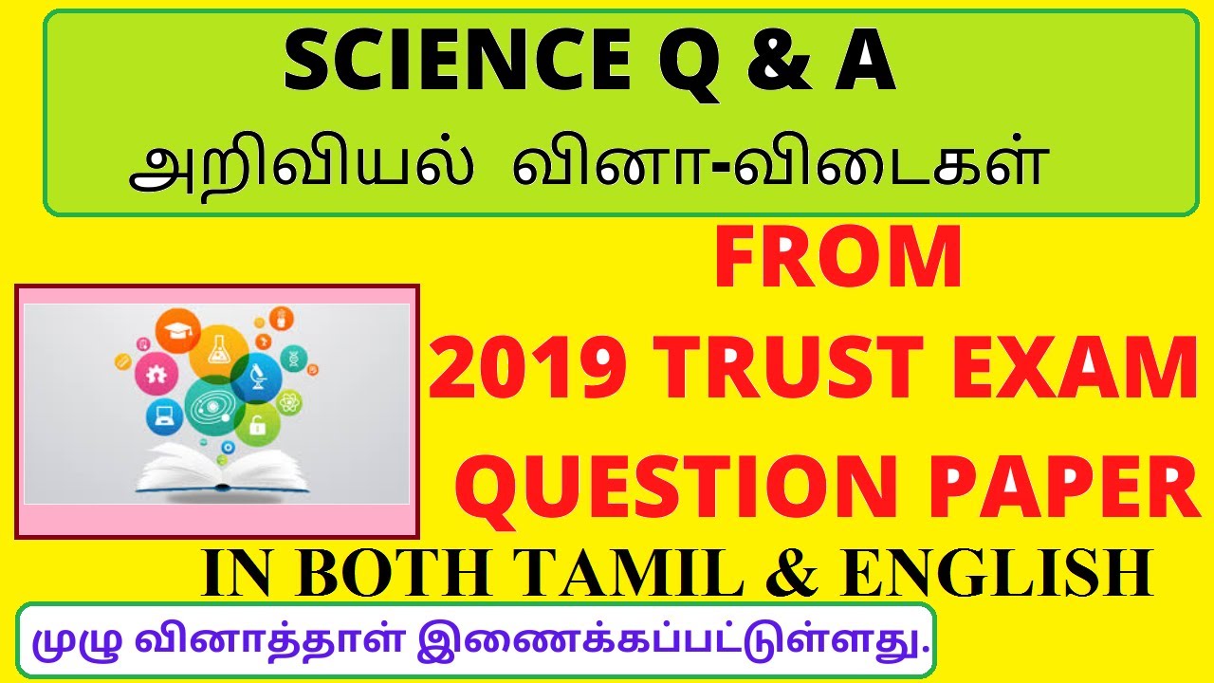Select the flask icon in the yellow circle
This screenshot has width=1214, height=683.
(220, 347)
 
